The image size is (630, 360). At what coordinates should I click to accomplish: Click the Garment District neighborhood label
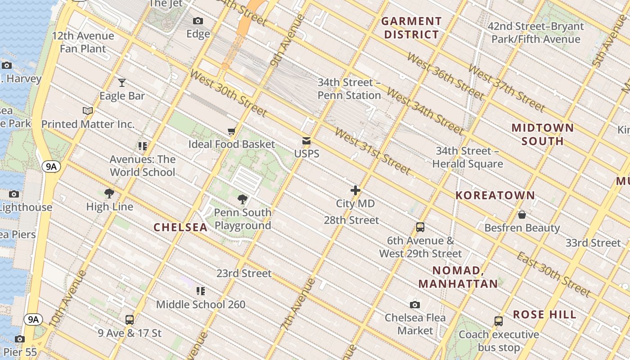[x=411, y=28]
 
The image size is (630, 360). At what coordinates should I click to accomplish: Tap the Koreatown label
[x=495, y=195]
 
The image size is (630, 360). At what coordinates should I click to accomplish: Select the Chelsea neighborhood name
[x=180, y=227]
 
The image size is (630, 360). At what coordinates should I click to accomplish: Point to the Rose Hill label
[x=544, y=315]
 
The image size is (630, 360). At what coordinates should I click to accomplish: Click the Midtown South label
[x=543, y=135]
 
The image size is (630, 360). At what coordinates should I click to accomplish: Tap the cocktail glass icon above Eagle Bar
[x=122, y=83]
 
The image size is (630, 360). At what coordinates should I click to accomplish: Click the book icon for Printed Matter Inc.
[x=88, y=111]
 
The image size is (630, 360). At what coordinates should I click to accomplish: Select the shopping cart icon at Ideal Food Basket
[x=232, y=131]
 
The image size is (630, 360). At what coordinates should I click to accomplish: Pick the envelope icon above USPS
[x=306, y=141]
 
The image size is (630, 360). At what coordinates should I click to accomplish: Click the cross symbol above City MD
[x=355, y=190]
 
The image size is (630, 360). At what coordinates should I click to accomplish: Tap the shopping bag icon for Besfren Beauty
[x=522, y=215]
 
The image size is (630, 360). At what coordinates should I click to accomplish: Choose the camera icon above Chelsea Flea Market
[x=415, y=305]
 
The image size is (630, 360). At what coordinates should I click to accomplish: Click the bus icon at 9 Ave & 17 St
[x=130, y=320]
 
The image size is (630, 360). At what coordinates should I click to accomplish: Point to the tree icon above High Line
[x=109, y=193]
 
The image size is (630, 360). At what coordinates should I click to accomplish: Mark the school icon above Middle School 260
[x=201, y=291]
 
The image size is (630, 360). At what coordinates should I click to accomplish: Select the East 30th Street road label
[x=553, y=274]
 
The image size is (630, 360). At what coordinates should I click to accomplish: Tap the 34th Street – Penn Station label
[x=349, y=89]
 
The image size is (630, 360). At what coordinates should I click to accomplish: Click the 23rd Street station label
[x=244, y=274]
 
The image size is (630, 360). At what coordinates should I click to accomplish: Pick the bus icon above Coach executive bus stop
[x=499, y=321]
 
